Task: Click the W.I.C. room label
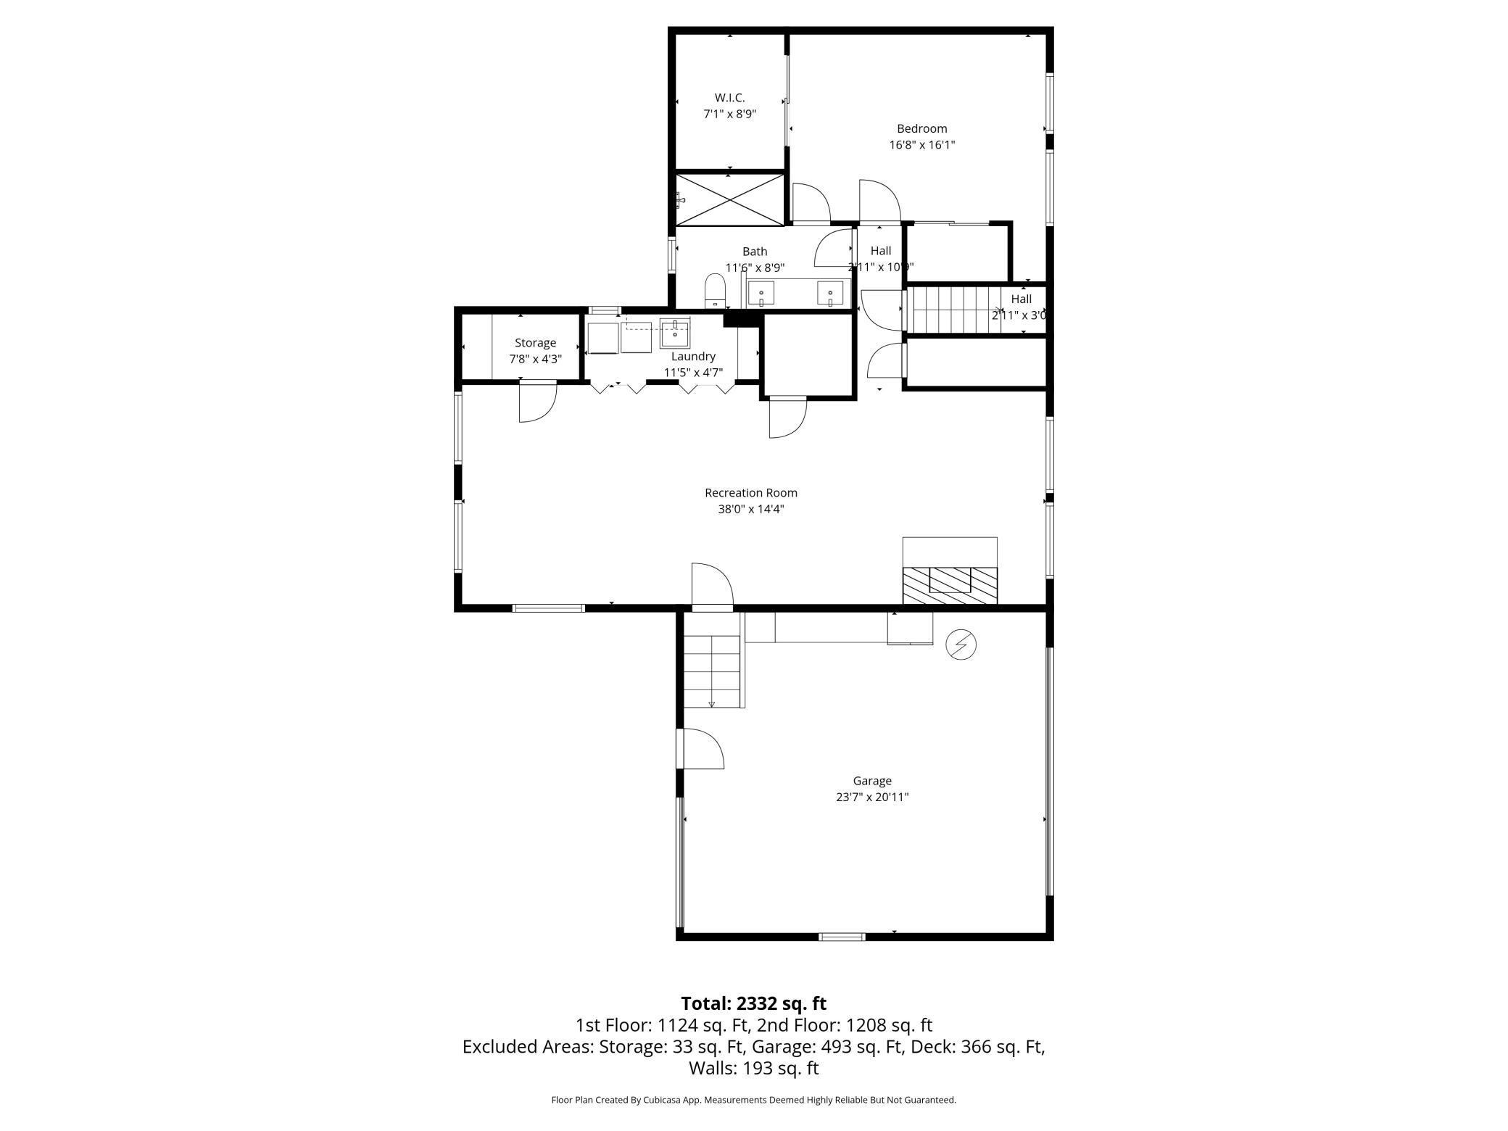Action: click(x=729, y=98)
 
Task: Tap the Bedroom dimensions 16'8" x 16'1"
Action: click(x=922, y=145)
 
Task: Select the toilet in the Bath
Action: click(x=715, y=291)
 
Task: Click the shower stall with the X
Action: click(x=730, y=199)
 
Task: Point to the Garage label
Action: click(x=872, y=781)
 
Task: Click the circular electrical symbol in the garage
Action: click(x=961, y=645)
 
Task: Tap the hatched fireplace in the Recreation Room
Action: click(x=950, y=585)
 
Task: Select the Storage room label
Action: click(x=536, y=343)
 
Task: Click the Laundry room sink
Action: click(x=675, y=333)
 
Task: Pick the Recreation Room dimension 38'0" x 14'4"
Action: click(x=751, y=509)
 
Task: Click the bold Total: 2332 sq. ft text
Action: click(x=754, y=1003)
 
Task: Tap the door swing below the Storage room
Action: click(x=538, y=402)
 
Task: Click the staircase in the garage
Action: click(x=713, y=671)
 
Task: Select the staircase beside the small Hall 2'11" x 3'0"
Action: click(x=956, y=310)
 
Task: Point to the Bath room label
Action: click(x=755, y=252)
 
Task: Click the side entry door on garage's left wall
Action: click(x=700, y=749)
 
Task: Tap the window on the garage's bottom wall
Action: click(x=842, y=937)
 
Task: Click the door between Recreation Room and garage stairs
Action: click(x=713, y=587)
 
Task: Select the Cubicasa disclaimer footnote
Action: click(x=754, y=1100)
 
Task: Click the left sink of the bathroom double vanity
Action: click(x=761, y=294)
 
